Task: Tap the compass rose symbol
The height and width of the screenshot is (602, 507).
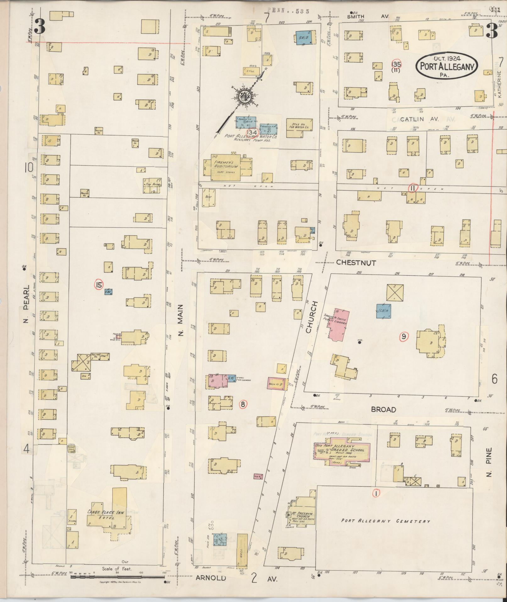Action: click(x=244, y=97)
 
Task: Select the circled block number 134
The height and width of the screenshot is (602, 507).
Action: click(x=252, y=132)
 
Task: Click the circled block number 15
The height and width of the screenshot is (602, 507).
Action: click(x=99, y=285)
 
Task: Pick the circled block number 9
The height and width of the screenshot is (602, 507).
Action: click(x=404, y=337)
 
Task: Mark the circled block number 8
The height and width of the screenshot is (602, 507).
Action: click(x=243, y=404)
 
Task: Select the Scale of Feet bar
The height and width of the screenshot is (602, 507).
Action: click(x=118, y=577)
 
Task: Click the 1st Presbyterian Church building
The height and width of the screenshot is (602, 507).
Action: click(x=302, y=515)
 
